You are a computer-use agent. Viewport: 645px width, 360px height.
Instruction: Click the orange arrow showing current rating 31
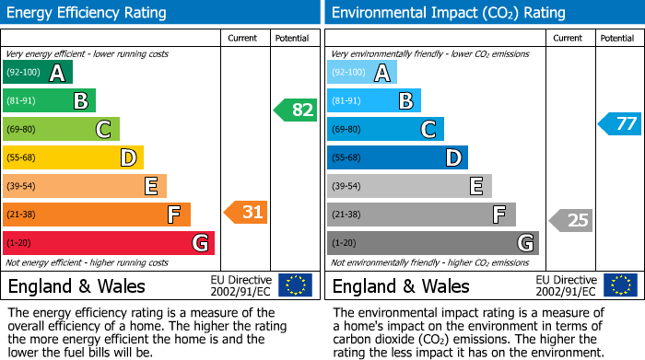[246, 213]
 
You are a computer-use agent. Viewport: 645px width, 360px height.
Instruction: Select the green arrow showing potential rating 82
[295, 110]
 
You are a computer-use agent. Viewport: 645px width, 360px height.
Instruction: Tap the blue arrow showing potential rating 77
[620, 123]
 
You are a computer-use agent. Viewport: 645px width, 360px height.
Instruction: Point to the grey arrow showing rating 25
[571, 220]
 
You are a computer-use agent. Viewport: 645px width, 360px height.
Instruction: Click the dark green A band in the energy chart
[38, 73]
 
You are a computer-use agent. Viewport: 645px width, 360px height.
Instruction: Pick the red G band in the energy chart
[109, 243]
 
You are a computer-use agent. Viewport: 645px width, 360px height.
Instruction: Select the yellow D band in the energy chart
[73, 157]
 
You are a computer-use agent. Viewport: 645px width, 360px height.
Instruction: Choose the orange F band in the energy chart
[97, 215]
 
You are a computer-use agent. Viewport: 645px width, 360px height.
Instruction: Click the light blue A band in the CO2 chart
[362, 73]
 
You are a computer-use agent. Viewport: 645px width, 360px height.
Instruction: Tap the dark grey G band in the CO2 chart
[432, 243]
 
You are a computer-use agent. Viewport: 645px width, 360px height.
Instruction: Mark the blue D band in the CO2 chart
[397, 157]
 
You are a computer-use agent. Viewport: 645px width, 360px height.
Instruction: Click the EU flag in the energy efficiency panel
[296, 285]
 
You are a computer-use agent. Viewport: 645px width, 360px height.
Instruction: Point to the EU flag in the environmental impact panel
[620, 285]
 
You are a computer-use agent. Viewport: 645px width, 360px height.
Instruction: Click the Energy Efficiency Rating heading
[88, 13]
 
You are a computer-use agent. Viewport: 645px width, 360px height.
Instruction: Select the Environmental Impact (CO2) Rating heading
[448, 13]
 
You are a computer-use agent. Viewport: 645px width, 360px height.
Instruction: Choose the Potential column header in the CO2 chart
[617, 38]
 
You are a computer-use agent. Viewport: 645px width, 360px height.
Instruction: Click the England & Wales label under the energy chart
[76, 285]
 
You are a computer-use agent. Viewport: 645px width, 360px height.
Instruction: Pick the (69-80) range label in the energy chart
[22, 130]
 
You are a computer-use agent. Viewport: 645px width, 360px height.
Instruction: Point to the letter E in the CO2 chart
[476, 186]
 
